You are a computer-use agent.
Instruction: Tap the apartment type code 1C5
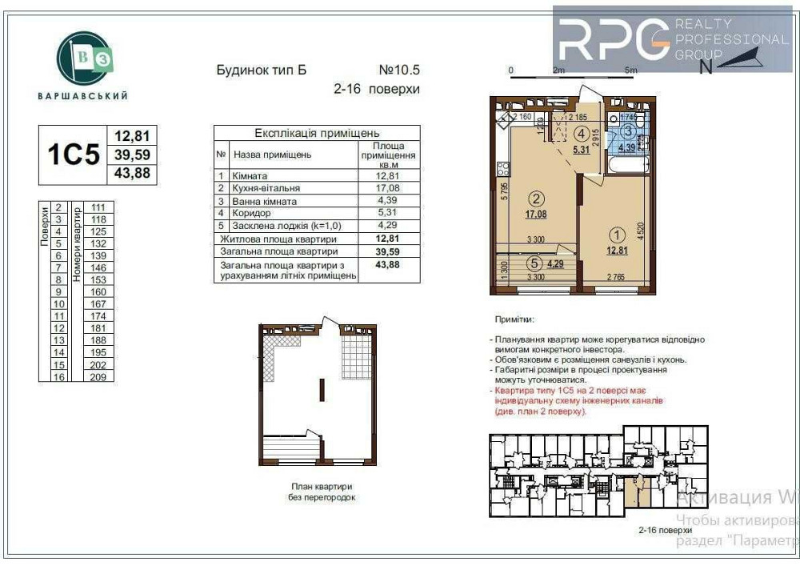[74, 155]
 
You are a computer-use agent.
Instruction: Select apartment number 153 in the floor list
[99, 279]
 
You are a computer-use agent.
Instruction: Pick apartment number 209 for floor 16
[99, 376]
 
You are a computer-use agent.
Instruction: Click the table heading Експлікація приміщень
[317, 134]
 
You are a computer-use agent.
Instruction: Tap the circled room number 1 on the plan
[616, 235]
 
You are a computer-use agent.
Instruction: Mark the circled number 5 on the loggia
[534, 260]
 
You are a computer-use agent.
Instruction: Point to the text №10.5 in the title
[398, 70]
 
